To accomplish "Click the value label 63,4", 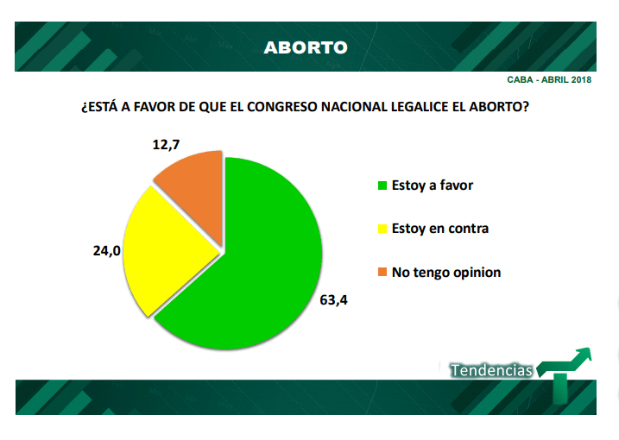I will (338, 301).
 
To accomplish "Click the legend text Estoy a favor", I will (432, 185).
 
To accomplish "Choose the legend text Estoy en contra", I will (439, 229).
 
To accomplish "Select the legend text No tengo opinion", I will (445, 273).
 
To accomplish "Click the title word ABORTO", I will (306, 47).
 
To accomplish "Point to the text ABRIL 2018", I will (569, 80).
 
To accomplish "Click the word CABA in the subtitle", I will (521, 80).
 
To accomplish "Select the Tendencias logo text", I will (490, 369).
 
